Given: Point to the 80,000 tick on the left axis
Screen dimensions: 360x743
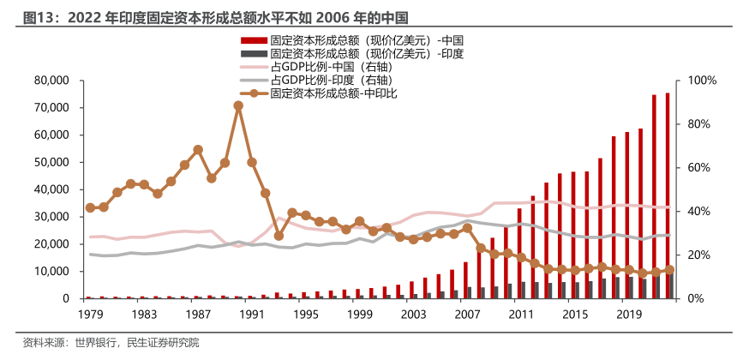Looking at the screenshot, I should [51, 81].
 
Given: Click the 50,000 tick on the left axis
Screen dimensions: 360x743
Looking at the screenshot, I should [51, 162].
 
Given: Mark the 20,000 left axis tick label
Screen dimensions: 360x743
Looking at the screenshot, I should [51, 243].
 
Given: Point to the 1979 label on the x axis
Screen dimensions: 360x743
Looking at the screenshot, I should [89, 315].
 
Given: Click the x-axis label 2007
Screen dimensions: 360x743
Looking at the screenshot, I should [467, 315].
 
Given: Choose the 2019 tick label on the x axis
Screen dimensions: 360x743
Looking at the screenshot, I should [629, 315].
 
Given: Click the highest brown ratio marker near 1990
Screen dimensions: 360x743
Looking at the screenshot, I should [238, 105].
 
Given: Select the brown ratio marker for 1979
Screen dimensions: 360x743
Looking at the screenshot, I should [90, 207].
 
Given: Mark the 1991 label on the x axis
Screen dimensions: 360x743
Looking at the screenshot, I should [251, 315].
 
